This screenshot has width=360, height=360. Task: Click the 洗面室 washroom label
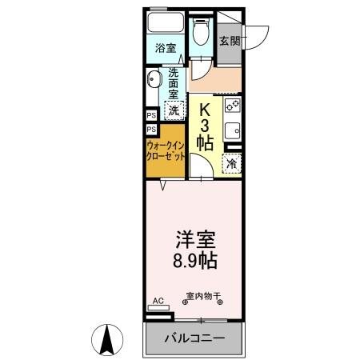[175, 82]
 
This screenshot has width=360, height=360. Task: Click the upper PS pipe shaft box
[151, 114]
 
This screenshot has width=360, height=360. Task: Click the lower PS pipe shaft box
[151, 129]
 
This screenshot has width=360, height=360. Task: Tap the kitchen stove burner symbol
[232, 104]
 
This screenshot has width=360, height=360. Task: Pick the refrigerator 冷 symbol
[230, 163]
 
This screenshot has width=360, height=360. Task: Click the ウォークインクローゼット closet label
[166, 151]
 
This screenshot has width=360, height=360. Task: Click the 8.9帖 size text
[194, 261]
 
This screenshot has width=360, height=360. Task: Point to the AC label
[158, 301]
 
